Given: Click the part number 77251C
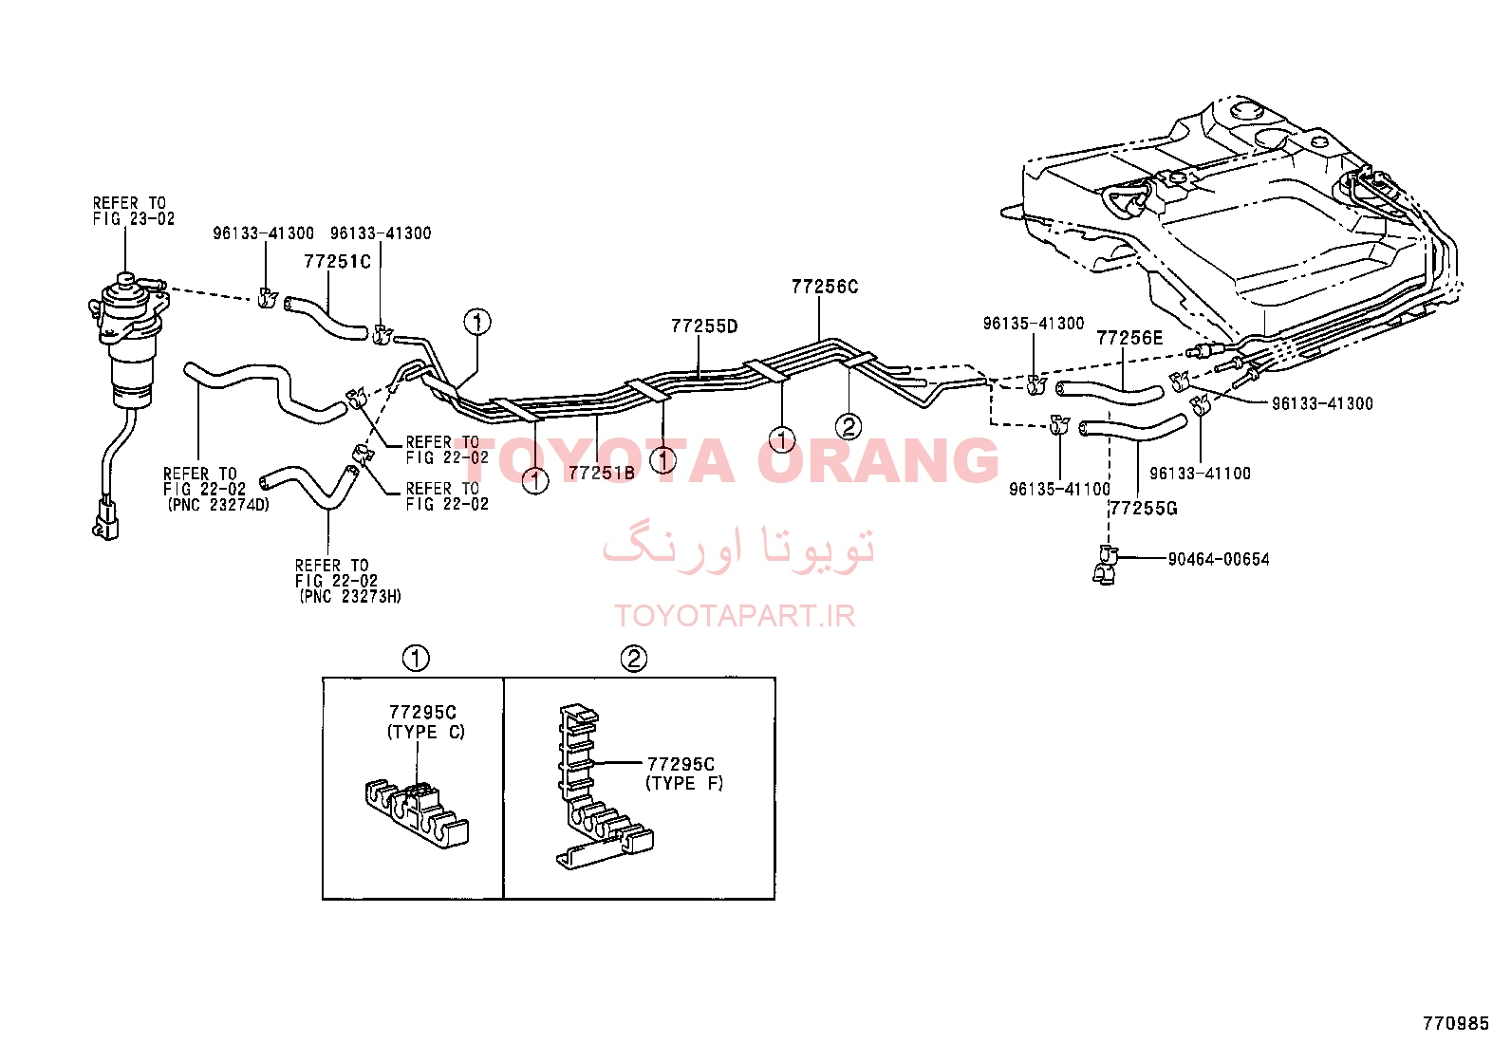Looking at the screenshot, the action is click(x=337, y=261).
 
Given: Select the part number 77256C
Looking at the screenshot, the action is click(x=825, y=287).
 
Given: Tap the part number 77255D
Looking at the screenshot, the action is click(x=704, y=326).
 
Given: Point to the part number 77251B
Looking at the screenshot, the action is click(x=602, y=473).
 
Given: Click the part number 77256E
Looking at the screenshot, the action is click(x=1129, y=338).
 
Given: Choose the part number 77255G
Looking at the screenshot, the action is click(x=1144, y=508).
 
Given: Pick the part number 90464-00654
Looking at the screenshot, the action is click(x=1219, y=559).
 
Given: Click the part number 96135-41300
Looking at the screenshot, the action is click(x=1034, y=324).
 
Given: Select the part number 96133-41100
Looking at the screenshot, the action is click(x=1200, y=473).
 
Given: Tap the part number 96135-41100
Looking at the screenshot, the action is click(x=1060, y=489).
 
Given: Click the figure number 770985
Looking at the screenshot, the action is click(x=1456, y=1023).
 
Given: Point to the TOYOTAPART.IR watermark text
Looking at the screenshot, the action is click(x=735, y=616).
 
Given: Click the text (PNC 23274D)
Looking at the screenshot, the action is click(x=218, y=505).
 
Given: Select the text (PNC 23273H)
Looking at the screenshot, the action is click(x=350, y=596).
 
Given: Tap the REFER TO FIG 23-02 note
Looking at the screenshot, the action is click(x=134, y=211).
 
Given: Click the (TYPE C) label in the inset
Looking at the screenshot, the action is click(x=426, y=732).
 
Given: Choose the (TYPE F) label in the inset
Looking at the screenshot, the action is click(x=684, y=783).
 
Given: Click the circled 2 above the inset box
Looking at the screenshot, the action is click(x=633, y=659).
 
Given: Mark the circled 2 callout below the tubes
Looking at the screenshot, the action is click(x=849, y=426).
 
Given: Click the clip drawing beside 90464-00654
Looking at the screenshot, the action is click(x=1105, y=565).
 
